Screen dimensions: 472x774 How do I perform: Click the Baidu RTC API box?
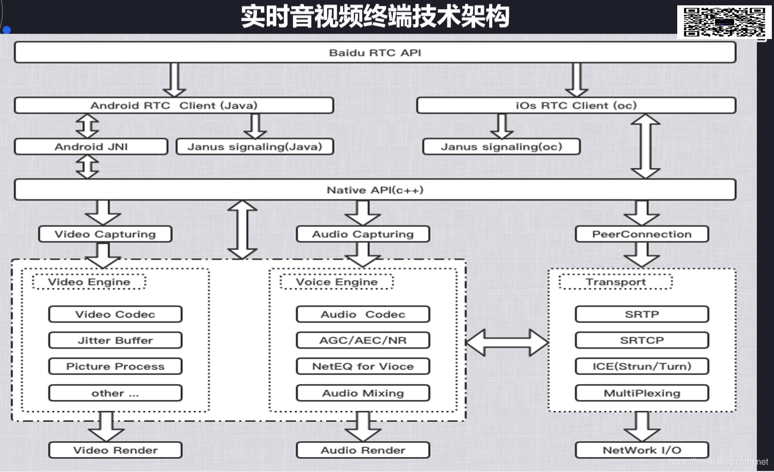pyautogui.click(x=375, y=52)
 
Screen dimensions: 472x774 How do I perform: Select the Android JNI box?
pyautogui.click(x=91, y=146)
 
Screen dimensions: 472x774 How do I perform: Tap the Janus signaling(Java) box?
pyautogui.click(x=254, y=146)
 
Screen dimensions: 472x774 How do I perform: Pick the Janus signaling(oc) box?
pyautogui.click(x=501, y=146)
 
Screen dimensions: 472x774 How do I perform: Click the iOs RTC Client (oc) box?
pyautogui.click(x=576, y=105)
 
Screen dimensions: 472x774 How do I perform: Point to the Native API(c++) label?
pyautogui.click(x=375, y=190)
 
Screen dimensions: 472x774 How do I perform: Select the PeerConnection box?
pyautogui.click(x=641, y=234)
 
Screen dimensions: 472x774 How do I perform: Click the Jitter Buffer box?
pyautogui.click(x=115, y=341)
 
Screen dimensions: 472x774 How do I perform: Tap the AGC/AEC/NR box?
pyautogui.click(x=362, y=341)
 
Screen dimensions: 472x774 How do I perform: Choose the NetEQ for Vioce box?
pyautogui.click(x=362, y=367)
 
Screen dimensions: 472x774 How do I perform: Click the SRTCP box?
pyautogui.click(x=641, y=341)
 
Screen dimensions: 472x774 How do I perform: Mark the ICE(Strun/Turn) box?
pyautogui.click(x=641, y=367)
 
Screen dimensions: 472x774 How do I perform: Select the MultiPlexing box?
pyautogui.click(x=641, y=393)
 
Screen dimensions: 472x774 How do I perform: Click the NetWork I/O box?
pyautogui.click(x=641, y=450)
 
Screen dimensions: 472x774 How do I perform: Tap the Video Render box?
pyautogui.click(x=115, y=450)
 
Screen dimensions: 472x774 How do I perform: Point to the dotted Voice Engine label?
pyautogui.click(x=336, y=282)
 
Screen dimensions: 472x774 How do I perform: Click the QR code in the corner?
pyautogui.click(x=724, y=22)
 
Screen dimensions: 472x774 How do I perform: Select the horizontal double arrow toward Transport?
pyautogui.click(x=507, y=343)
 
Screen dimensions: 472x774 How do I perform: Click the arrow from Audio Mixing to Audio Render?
pyautogui.click(x=363, y=426)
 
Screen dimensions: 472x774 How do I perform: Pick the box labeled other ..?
pyautogui.click(x=115, y=393)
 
